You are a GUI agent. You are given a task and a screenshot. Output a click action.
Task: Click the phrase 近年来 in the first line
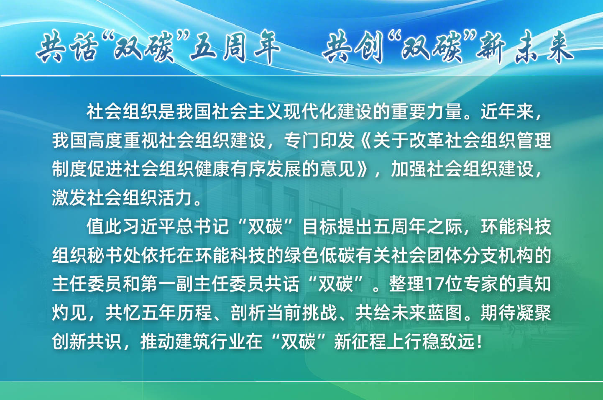click(508, 112)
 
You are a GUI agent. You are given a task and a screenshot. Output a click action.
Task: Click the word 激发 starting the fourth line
click(69, 198)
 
